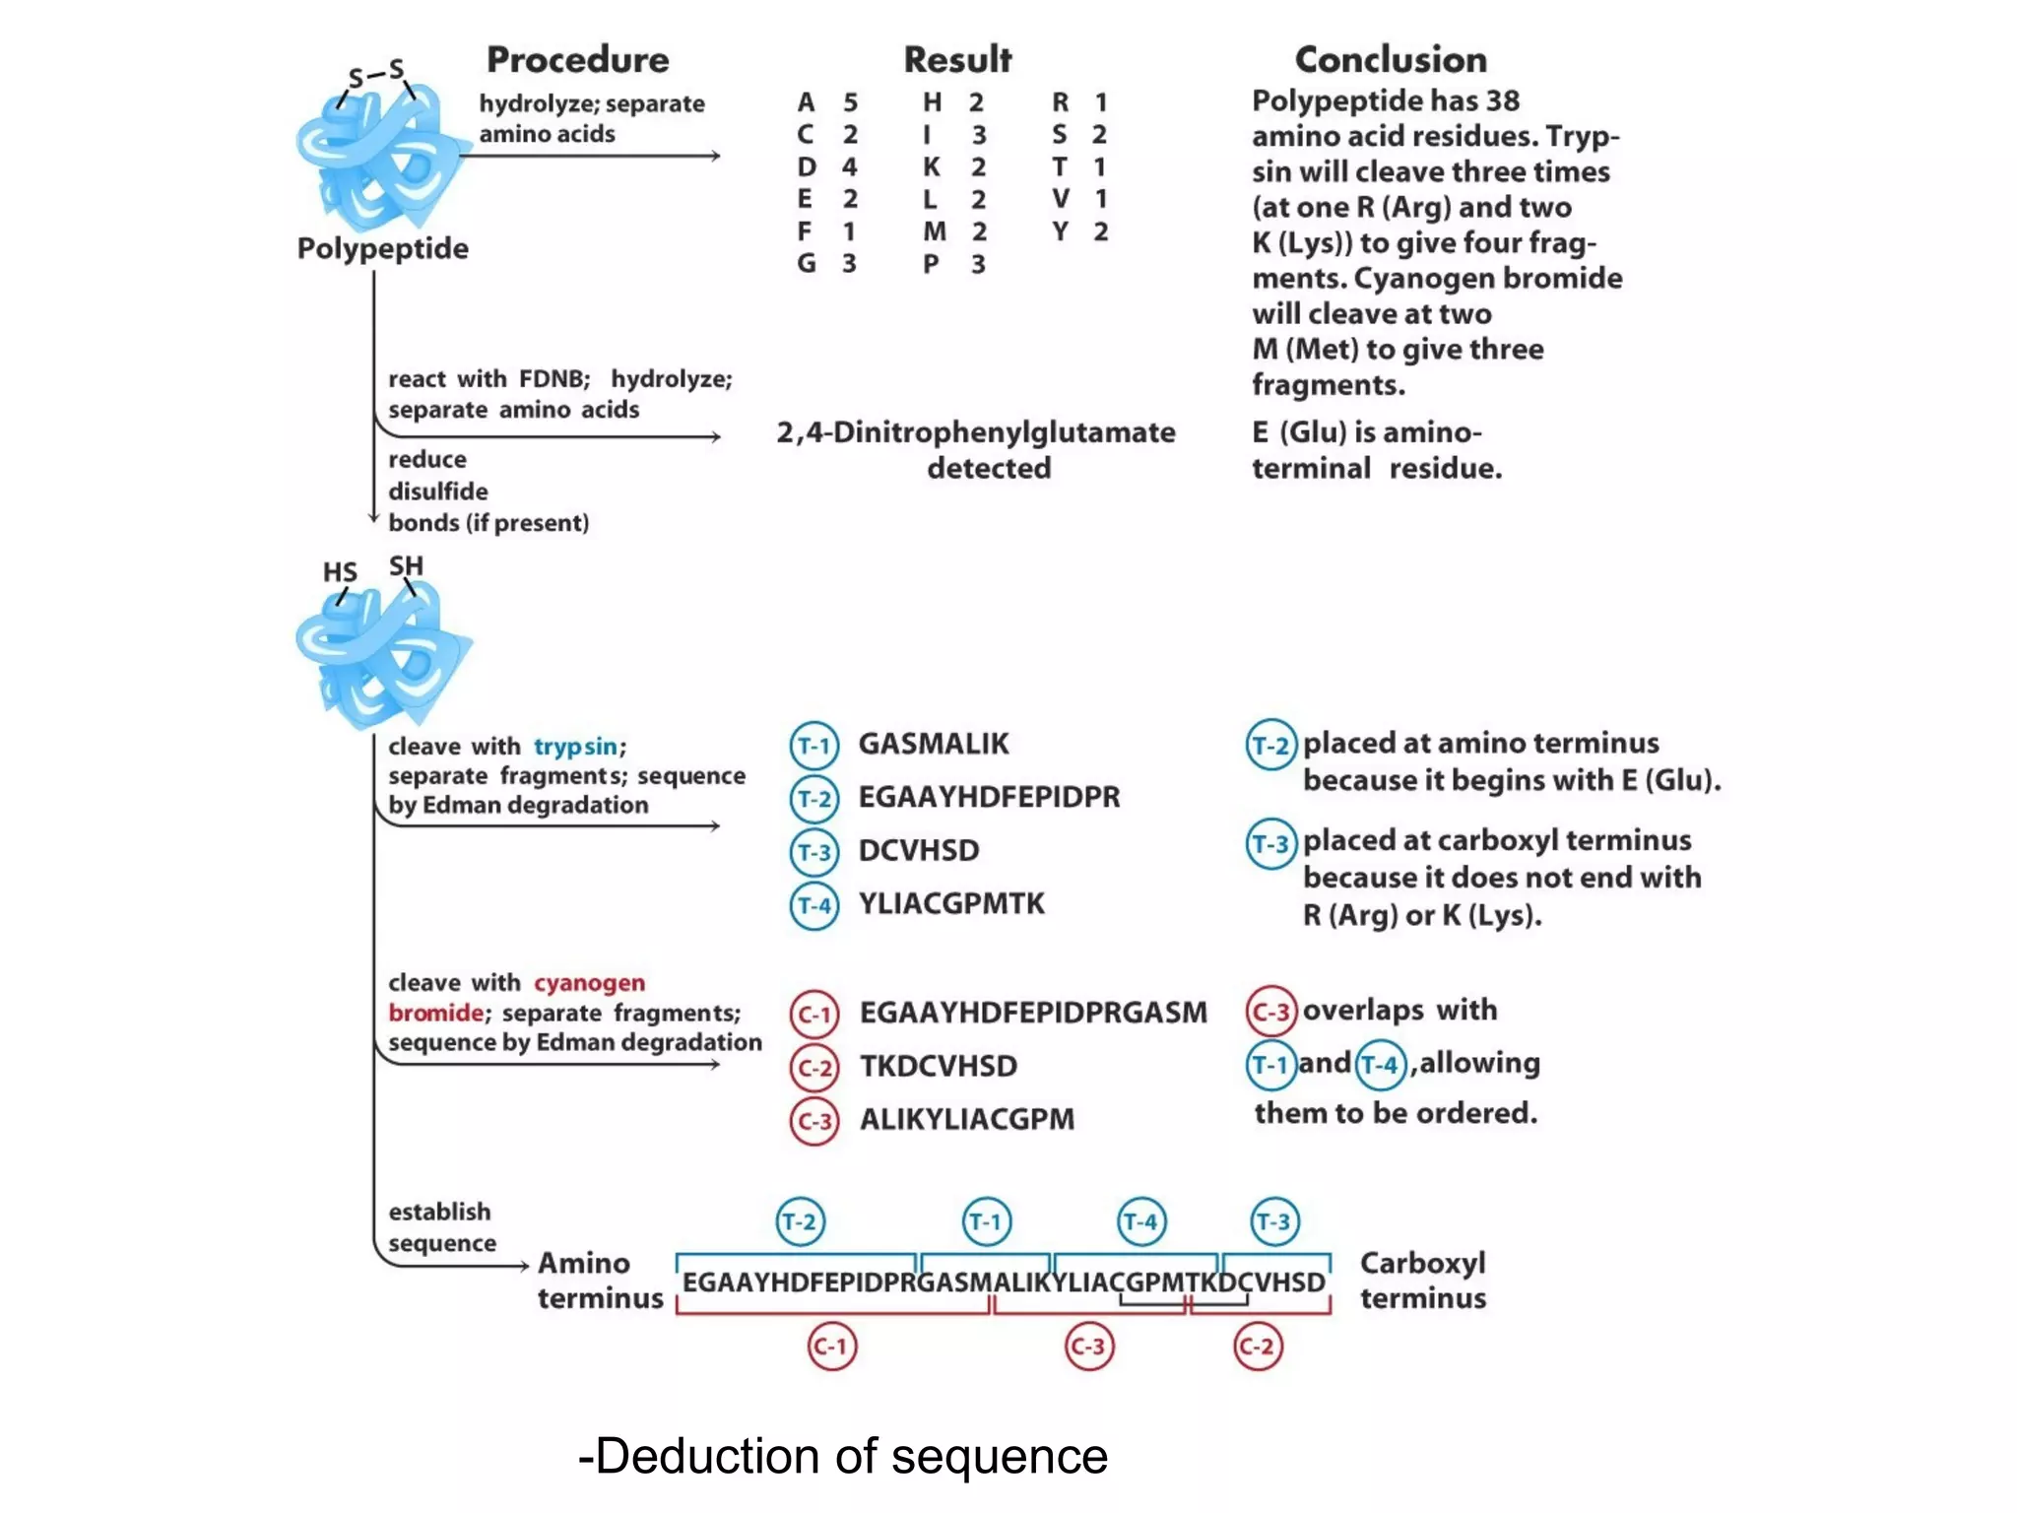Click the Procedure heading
click(x=577, y=60)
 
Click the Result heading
click(x=957, y=60)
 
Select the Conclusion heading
click(x=1390, y=60)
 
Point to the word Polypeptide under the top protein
click(x=382, y=248)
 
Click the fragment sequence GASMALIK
click(x=933, y=744)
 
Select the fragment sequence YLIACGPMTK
click(x=950, y=903)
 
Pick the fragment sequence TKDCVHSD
click(x=938, y=1066)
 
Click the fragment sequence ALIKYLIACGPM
click(x=966, y=1120)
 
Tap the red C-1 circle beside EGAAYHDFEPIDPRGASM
click(x=814, y=1015)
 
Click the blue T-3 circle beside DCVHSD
click(x=814, y=852)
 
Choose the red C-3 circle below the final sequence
click(x=1089, y=1347)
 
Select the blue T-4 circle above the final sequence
click(x=1141, y=1222)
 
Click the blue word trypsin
click(x=575, y=747)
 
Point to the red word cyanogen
click(x=589, y=983)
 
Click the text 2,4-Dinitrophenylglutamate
click(x=975, y=432)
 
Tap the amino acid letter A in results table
click(x=807, y=102)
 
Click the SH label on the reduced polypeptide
click(x=406, y=566)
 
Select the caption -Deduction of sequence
click(x=843, y=1456)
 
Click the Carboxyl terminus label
click(x=1422, y=1281)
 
